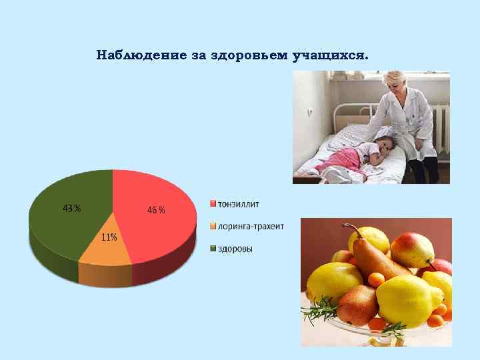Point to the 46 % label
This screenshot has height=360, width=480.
point(157,210)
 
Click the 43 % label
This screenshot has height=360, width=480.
point(71,209)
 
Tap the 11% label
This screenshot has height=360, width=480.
point(109,237)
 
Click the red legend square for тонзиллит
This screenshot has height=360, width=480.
point(213,203)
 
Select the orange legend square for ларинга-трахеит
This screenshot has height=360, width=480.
point(213,226)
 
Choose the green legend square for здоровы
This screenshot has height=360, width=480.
point(213,249)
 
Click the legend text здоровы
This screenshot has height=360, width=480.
point(236,249)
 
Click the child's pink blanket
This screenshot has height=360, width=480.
point(340,159)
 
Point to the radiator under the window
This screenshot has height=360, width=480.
point(441,127)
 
